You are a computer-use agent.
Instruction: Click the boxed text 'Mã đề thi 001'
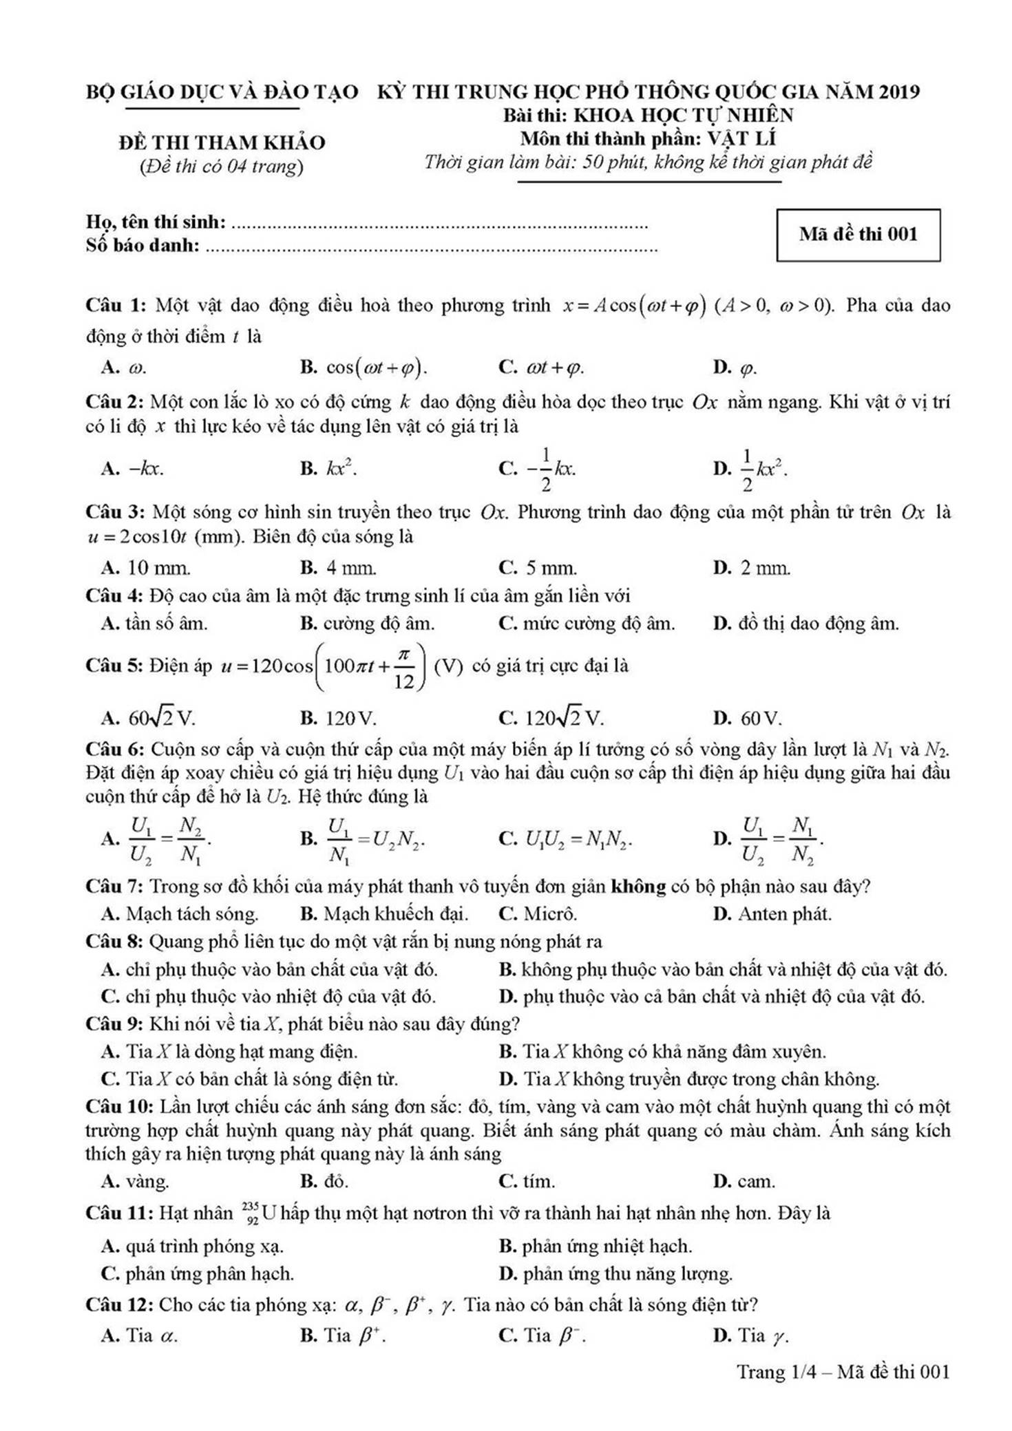tap(858, 235)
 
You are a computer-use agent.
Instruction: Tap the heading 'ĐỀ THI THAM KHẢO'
tap(222, 142)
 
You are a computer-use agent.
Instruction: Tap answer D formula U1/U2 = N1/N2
tap(782, 839)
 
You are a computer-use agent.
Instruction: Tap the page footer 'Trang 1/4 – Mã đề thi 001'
tap(843, 1372)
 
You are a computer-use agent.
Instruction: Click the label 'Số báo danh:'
tap(143, 245)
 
